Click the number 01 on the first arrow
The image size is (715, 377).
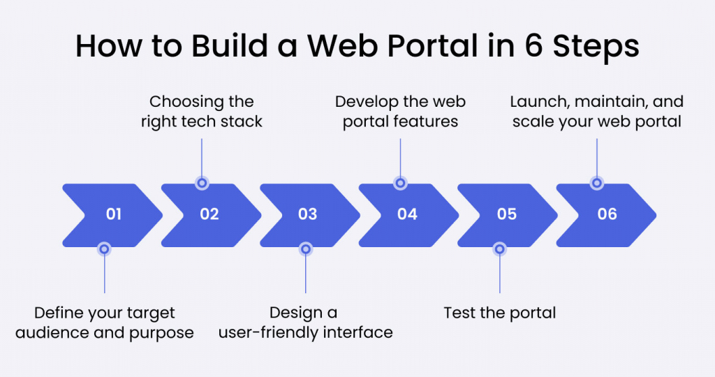(114, 214)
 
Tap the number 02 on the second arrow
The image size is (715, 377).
(209, 214)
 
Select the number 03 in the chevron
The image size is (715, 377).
(308, 214)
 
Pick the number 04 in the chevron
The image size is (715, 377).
(407, 214)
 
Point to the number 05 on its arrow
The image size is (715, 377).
(506, 214)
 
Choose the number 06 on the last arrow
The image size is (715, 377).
(607, 214)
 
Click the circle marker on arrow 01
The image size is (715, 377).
(104, 248)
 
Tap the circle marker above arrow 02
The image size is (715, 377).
(202, 183)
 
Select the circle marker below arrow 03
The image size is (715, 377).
(305, 248)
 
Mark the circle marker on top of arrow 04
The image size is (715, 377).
(400, 183)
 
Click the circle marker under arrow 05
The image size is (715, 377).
(499, 248)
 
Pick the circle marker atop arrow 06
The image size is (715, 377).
(596, 183)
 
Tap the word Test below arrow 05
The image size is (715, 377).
(459, 312)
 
